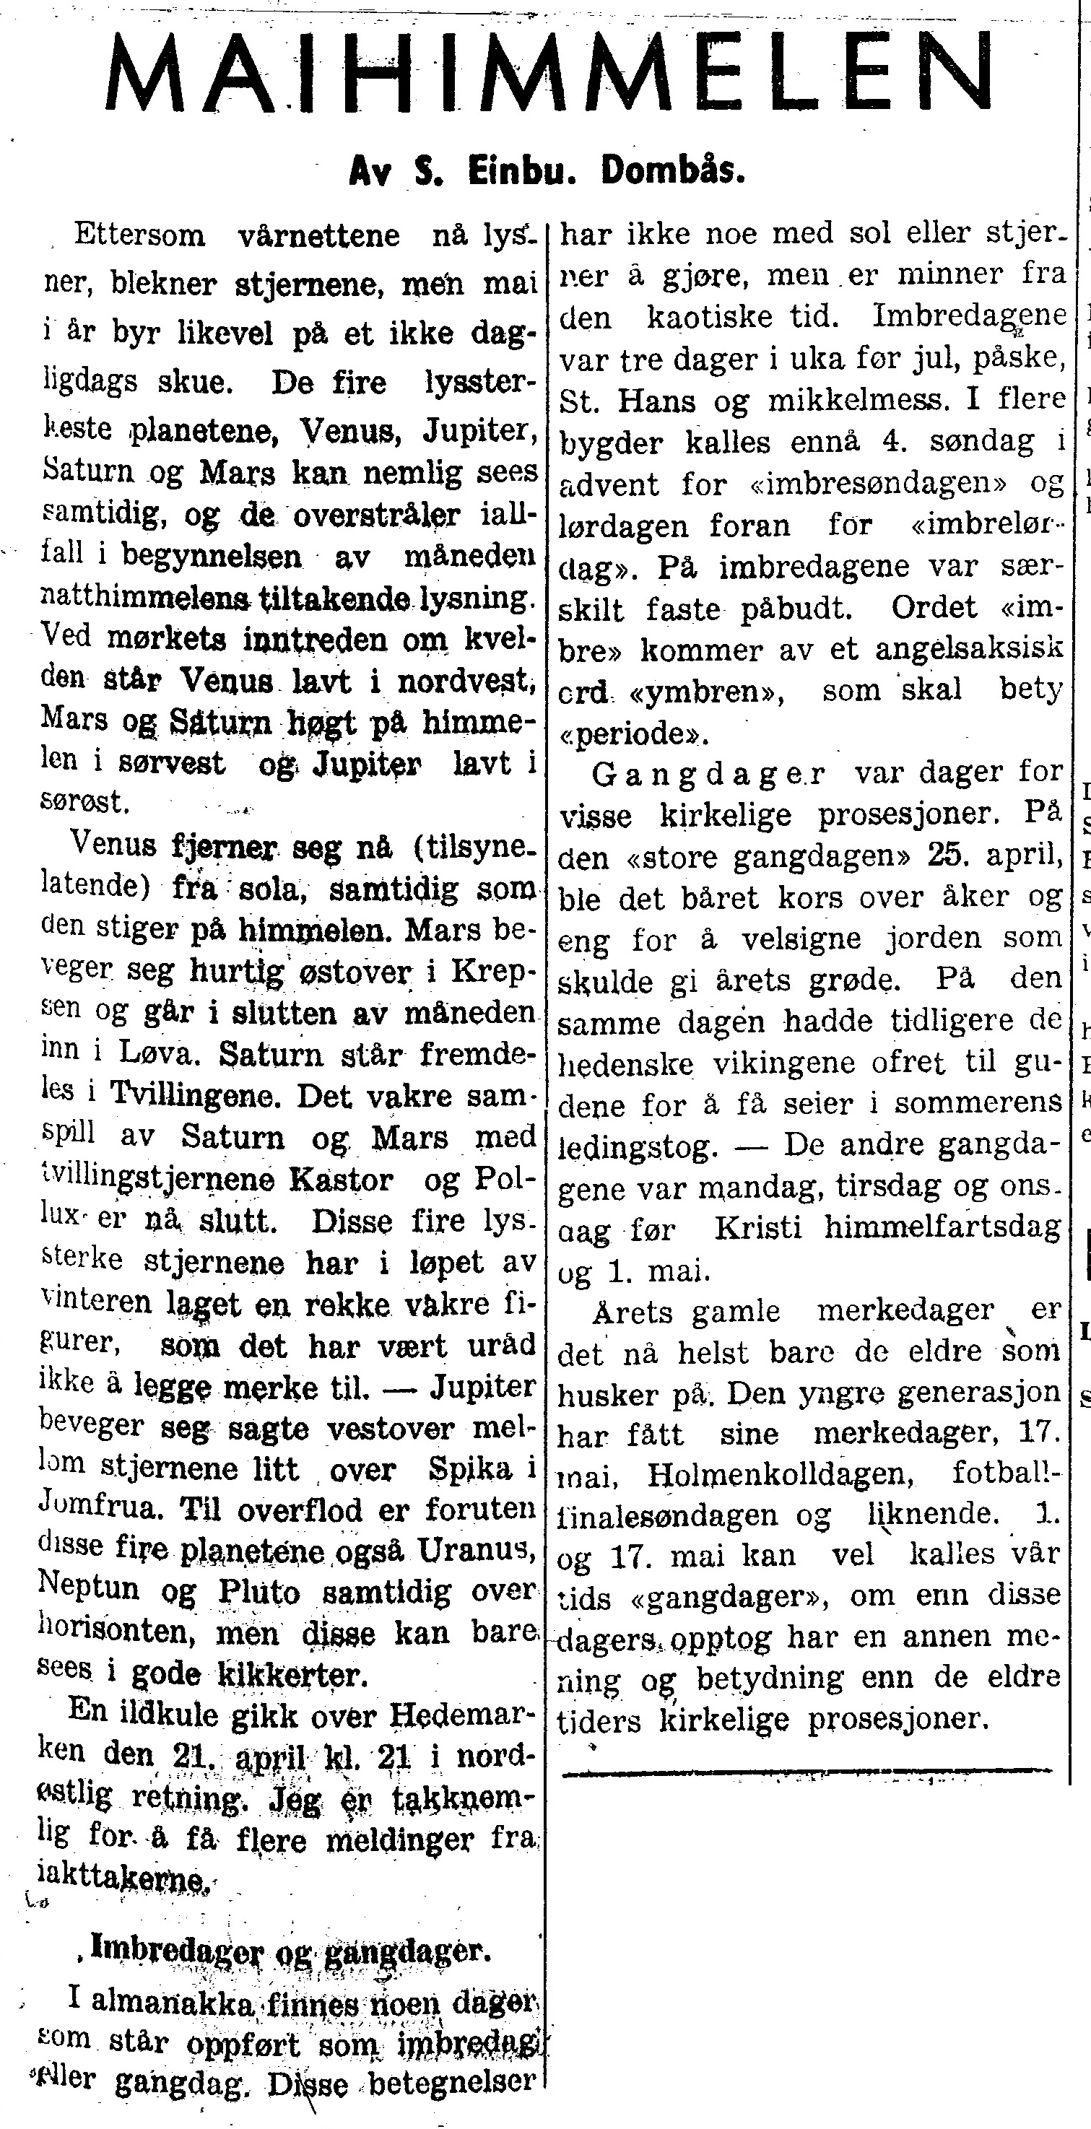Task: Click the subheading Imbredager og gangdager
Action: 290,1951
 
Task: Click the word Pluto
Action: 258,1592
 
